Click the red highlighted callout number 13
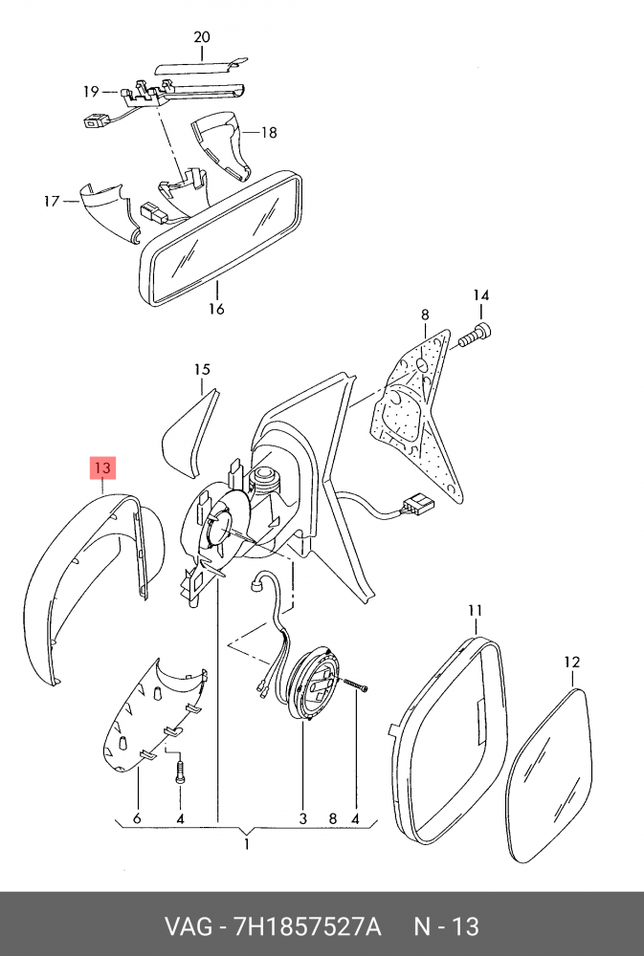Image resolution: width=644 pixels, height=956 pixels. [102, 468]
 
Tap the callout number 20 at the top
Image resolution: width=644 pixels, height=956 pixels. [202, 37]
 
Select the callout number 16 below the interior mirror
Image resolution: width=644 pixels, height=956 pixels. [216, 309]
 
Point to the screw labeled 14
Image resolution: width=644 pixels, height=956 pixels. [475, 337]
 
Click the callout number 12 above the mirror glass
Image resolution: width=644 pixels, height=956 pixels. [572, 663]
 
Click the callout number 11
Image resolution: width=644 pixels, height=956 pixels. [476, 610]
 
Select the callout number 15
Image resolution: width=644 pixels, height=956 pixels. [202, 369]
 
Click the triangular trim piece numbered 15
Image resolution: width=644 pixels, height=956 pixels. [189, 433]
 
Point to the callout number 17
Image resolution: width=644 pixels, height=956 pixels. [52, 201]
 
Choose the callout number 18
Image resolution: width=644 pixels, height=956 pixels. [269, 132]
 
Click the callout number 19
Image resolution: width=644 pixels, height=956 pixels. [92, 92]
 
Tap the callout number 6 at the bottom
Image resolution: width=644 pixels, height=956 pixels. [137, 818]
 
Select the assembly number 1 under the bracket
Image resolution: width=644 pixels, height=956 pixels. [247, 844]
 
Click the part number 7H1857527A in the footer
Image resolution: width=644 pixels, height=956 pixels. [308, 927]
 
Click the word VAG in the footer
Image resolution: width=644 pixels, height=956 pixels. [188, 927]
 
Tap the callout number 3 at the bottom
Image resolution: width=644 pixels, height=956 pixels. [303, 818]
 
